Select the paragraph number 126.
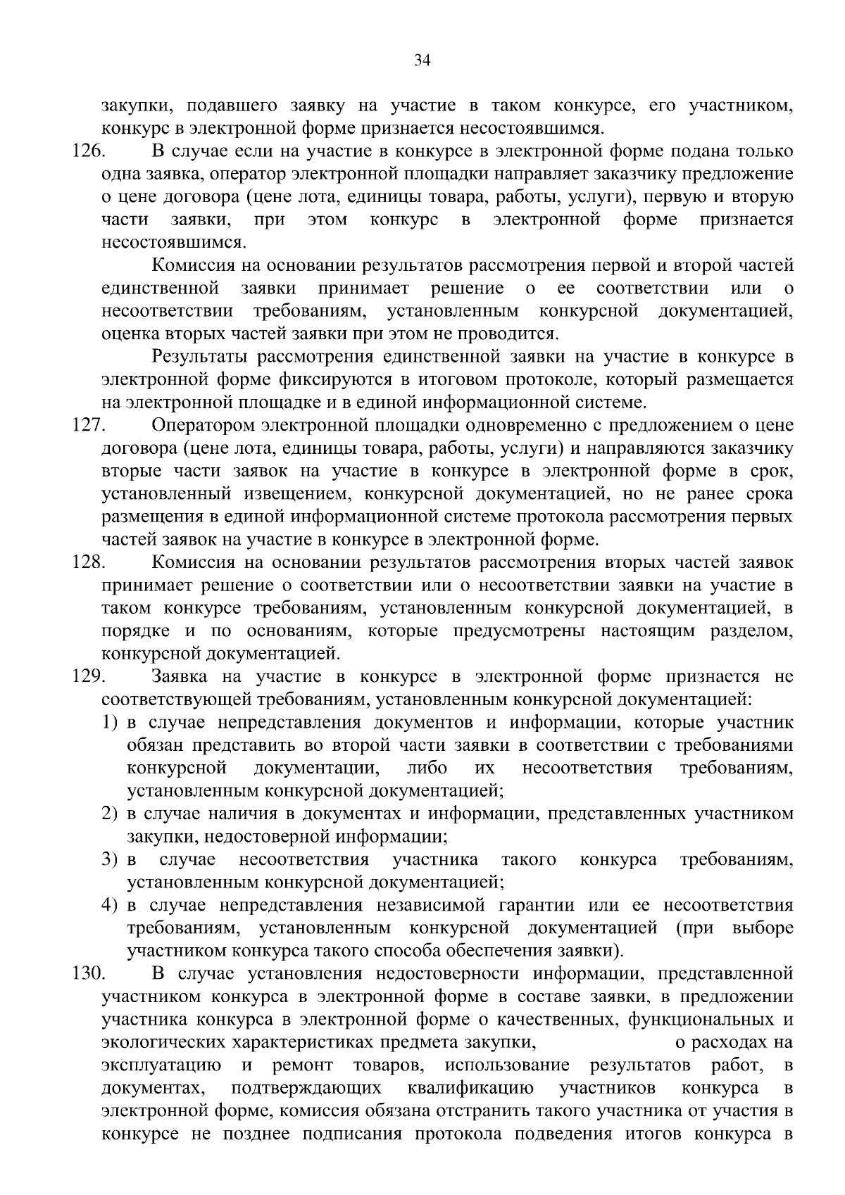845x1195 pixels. pyautogui.click(x=89, y=151)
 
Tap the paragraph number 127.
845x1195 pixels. pyautogui.click(x=89, y=426)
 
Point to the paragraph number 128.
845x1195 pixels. pyautogui.click(x=89, y=562)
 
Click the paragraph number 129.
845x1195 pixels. pyautogui.click(x=89, y=677)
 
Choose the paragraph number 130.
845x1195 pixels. pyautogui.click(x=89, y=974)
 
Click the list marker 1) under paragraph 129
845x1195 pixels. pyautogui.click(x=110, y=723)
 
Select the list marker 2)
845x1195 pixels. pyautogui.click(x=110, y=814)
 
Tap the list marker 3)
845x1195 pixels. pyautogui.click(x=110, y=860)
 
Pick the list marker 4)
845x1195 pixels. pyautogui.click(x=110, y=906)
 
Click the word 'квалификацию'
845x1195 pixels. pyautogui.click(x=470, y=1088)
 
